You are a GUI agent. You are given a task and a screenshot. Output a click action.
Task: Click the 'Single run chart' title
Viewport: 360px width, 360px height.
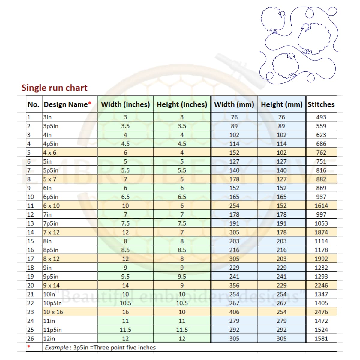click(54, 88)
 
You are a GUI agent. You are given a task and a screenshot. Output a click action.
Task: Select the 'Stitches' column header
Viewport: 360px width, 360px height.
click(321, 104)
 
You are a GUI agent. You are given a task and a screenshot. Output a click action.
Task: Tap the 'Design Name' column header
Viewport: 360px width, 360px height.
click(67, 104)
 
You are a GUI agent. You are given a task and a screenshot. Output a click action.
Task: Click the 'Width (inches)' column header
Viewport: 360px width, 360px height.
click(125, 104)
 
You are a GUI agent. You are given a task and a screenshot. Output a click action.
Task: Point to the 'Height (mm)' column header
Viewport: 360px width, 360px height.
click(281, 104)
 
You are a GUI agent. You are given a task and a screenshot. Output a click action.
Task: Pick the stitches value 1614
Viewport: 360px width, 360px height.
click(321, 206)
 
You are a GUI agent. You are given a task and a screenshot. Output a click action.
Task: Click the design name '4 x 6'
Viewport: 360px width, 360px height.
click(50, 152)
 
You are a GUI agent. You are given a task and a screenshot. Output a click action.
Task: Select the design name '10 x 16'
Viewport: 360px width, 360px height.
click(53, 312)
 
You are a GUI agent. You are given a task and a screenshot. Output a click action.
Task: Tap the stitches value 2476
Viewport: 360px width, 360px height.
click(321, 312)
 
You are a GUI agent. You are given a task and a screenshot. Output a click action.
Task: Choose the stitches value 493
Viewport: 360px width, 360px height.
click(321, 117)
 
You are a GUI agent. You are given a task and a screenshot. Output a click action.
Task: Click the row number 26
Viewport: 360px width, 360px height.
click(31, 339)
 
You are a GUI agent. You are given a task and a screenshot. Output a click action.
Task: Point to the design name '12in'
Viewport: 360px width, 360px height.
click(49, 339)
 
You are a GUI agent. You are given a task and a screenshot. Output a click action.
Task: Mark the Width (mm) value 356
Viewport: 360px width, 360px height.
click(234, 286)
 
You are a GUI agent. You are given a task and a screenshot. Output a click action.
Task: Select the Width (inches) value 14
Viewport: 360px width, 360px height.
click(125, 286)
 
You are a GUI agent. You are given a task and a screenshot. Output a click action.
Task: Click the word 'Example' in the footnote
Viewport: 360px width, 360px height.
click(56, 348)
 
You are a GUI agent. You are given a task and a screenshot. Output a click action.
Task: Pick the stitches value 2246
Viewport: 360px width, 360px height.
click(321, 286)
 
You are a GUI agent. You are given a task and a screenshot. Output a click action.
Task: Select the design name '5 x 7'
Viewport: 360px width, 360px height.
click(50, 179)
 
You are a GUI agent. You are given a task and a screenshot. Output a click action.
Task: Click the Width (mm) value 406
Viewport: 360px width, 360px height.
click(234, 312)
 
